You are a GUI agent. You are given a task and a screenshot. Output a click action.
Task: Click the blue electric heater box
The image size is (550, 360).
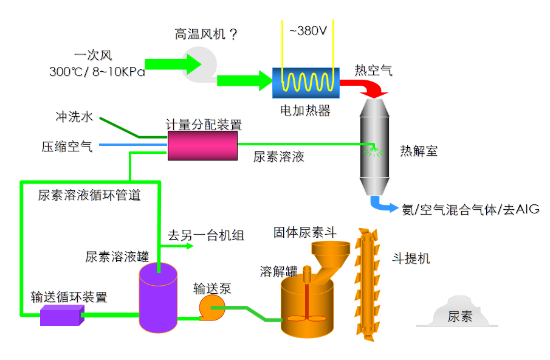(x=306, y=82)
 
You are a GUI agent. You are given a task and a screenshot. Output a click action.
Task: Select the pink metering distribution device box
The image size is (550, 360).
(x=202, y=146)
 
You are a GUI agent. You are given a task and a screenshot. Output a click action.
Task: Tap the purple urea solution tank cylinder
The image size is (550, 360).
(x=157, y=298)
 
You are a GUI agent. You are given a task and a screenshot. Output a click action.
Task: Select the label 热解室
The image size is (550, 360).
(x=419, y=151)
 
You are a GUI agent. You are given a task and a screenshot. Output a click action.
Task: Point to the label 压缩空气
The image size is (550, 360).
(x=67, y=146)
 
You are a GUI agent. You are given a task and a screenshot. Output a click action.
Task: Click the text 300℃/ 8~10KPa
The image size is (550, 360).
(x=97, y=72)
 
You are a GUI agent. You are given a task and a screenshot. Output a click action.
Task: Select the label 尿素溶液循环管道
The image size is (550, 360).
(x=89, y=195)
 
